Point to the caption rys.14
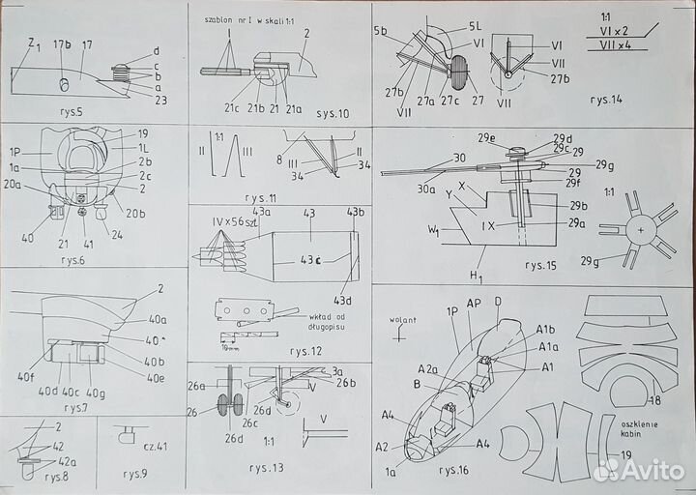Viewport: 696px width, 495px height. tap(611, 98)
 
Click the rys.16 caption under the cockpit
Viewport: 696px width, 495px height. tap(454, 471)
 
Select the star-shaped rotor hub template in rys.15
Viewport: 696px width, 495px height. tap(639, 230)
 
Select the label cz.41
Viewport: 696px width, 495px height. tap(154, 447)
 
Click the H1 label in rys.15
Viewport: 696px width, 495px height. tap(476, 277)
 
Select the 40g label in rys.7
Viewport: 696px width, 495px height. tap(95, 393)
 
